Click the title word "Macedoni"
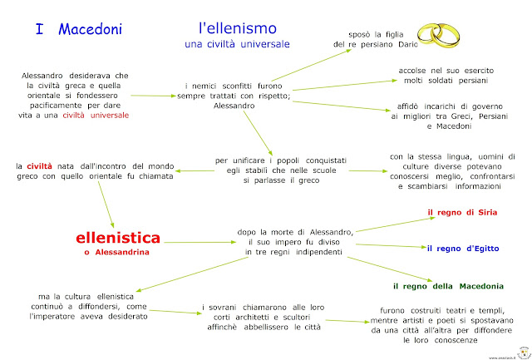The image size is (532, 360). click(90, 30)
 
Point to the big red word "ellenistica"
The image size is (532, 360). click(118, 237)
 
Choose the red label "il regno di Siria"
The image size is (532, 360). click(462, 213)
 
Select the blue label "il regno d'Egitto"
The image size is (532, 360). click(462, 248)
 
